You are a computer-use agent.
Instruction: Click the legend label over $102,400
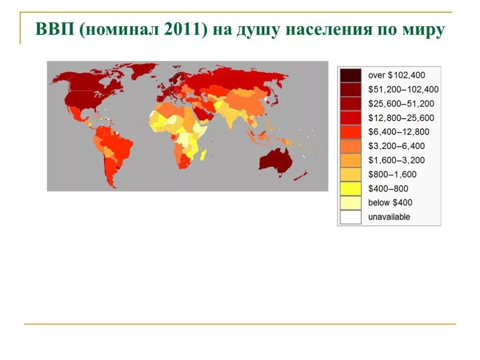397,75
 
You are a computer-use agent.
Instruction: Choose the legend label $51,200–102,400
403,89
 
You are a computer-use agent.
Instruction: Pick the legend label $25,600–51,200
401,104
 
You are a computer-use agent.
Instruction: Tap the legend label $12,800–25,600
401,118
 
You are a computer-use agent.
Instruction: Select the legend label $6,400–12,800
398,132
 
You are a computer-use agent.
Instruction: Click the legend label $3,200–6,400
397,146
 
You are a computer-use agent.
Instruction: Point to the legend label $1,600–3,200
397,160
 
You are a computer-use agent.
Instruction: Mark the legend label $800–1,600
392,174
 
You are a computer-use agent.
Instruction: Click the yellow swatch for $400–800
351,189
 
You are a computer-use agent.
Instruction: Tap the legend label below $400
390,203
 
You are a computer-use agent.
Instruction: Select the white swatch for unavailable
351,217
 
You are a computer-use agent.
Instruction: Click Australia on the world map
275,161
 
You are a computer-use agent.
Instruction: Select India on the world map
231,117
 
